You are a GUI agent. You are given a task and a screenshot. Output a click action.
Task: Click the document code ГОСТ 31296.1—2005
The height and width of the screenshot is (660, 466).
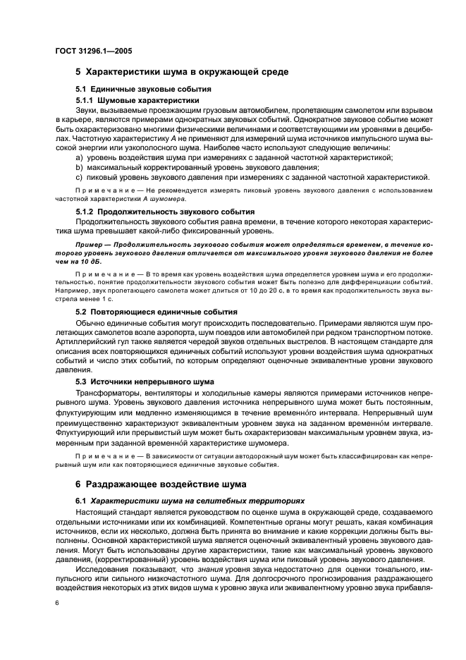pos(93,51)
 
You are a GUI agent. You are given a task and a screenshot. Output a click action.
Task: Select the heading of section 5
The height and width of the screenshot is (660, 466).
pos(182,72)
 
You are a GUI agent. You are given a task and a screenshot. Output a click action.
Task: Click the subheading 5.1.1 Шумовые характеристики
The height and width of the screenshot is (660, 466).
pos(137,100)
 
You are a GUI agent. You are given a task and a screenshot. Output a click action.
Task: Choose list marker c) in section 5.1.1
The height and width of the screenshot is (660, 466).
pos(79,177)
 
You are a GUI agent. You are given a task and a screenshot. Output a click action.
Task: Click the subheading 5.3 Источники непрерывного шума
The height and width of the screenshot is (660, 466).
pos(145,381)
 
